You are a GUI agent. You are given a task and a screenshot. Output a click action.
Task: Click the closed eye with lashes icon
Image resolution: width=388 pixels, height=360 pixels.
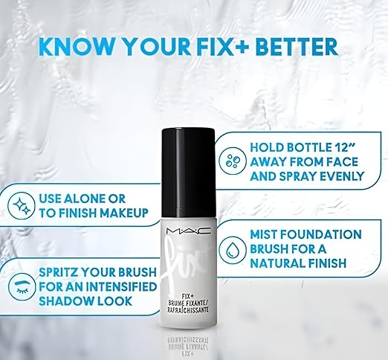(20, 286)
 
